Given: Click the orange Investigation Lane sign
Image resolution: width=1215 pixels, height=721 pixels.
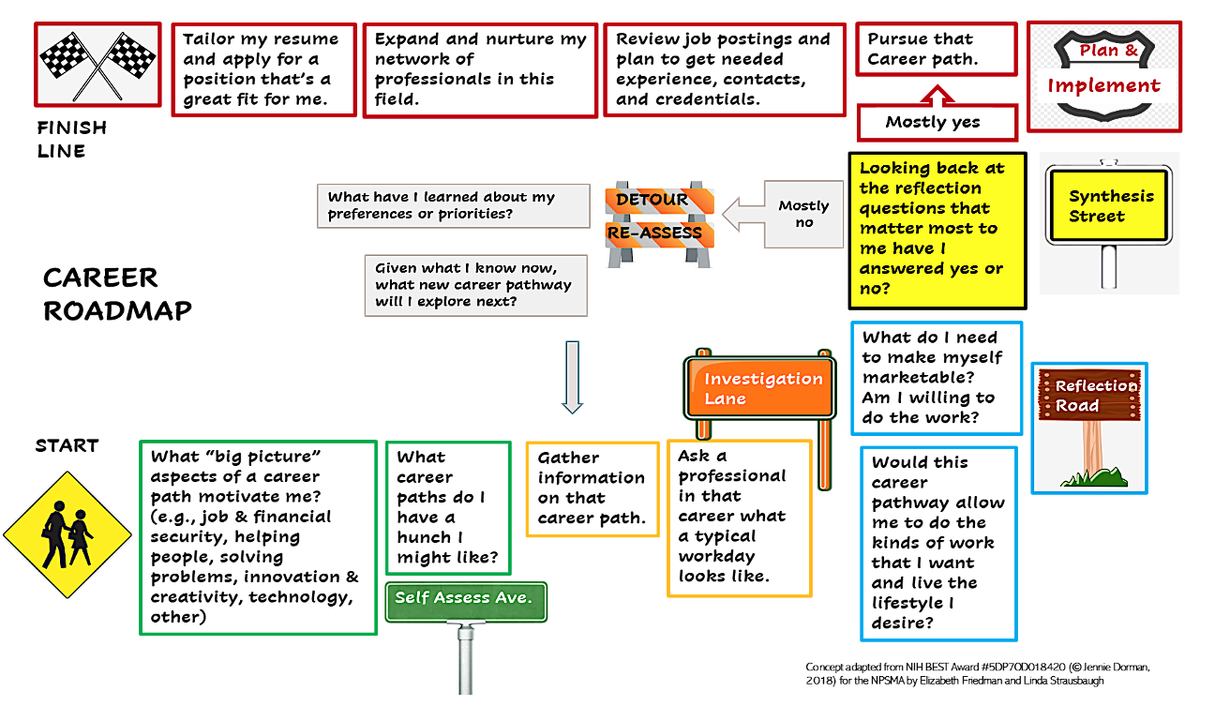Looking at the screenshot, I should [x=762, y=387].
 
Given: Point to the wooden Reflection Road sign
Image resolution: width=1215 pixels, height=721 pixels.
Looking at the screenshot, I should [x=1089, y=397].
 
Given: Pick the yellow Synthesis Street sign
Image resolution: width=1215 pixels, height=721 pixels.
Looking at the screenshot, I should [x=1110, y=205].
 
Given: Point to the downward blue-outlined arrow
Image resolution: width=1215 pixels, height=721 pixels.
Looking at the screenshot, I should [x=572, y=376].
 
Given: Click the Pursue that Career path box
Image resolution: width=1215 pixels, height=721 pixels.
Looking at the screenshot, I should [x=936, y=49].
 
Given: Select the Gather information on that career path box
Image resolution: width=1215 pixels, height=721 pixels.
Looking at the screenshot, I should [x=592, y=488].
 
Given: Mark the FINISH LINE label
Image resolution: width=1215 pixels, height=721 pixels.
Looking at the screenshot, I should [x=71, y=139].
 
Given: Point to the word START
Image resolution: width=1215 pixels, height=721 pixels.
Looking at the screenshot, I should [x=67, y=445].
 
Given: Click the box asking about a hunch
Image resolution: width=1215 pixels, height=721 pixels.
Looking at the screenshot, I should [x=448, y=508].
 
